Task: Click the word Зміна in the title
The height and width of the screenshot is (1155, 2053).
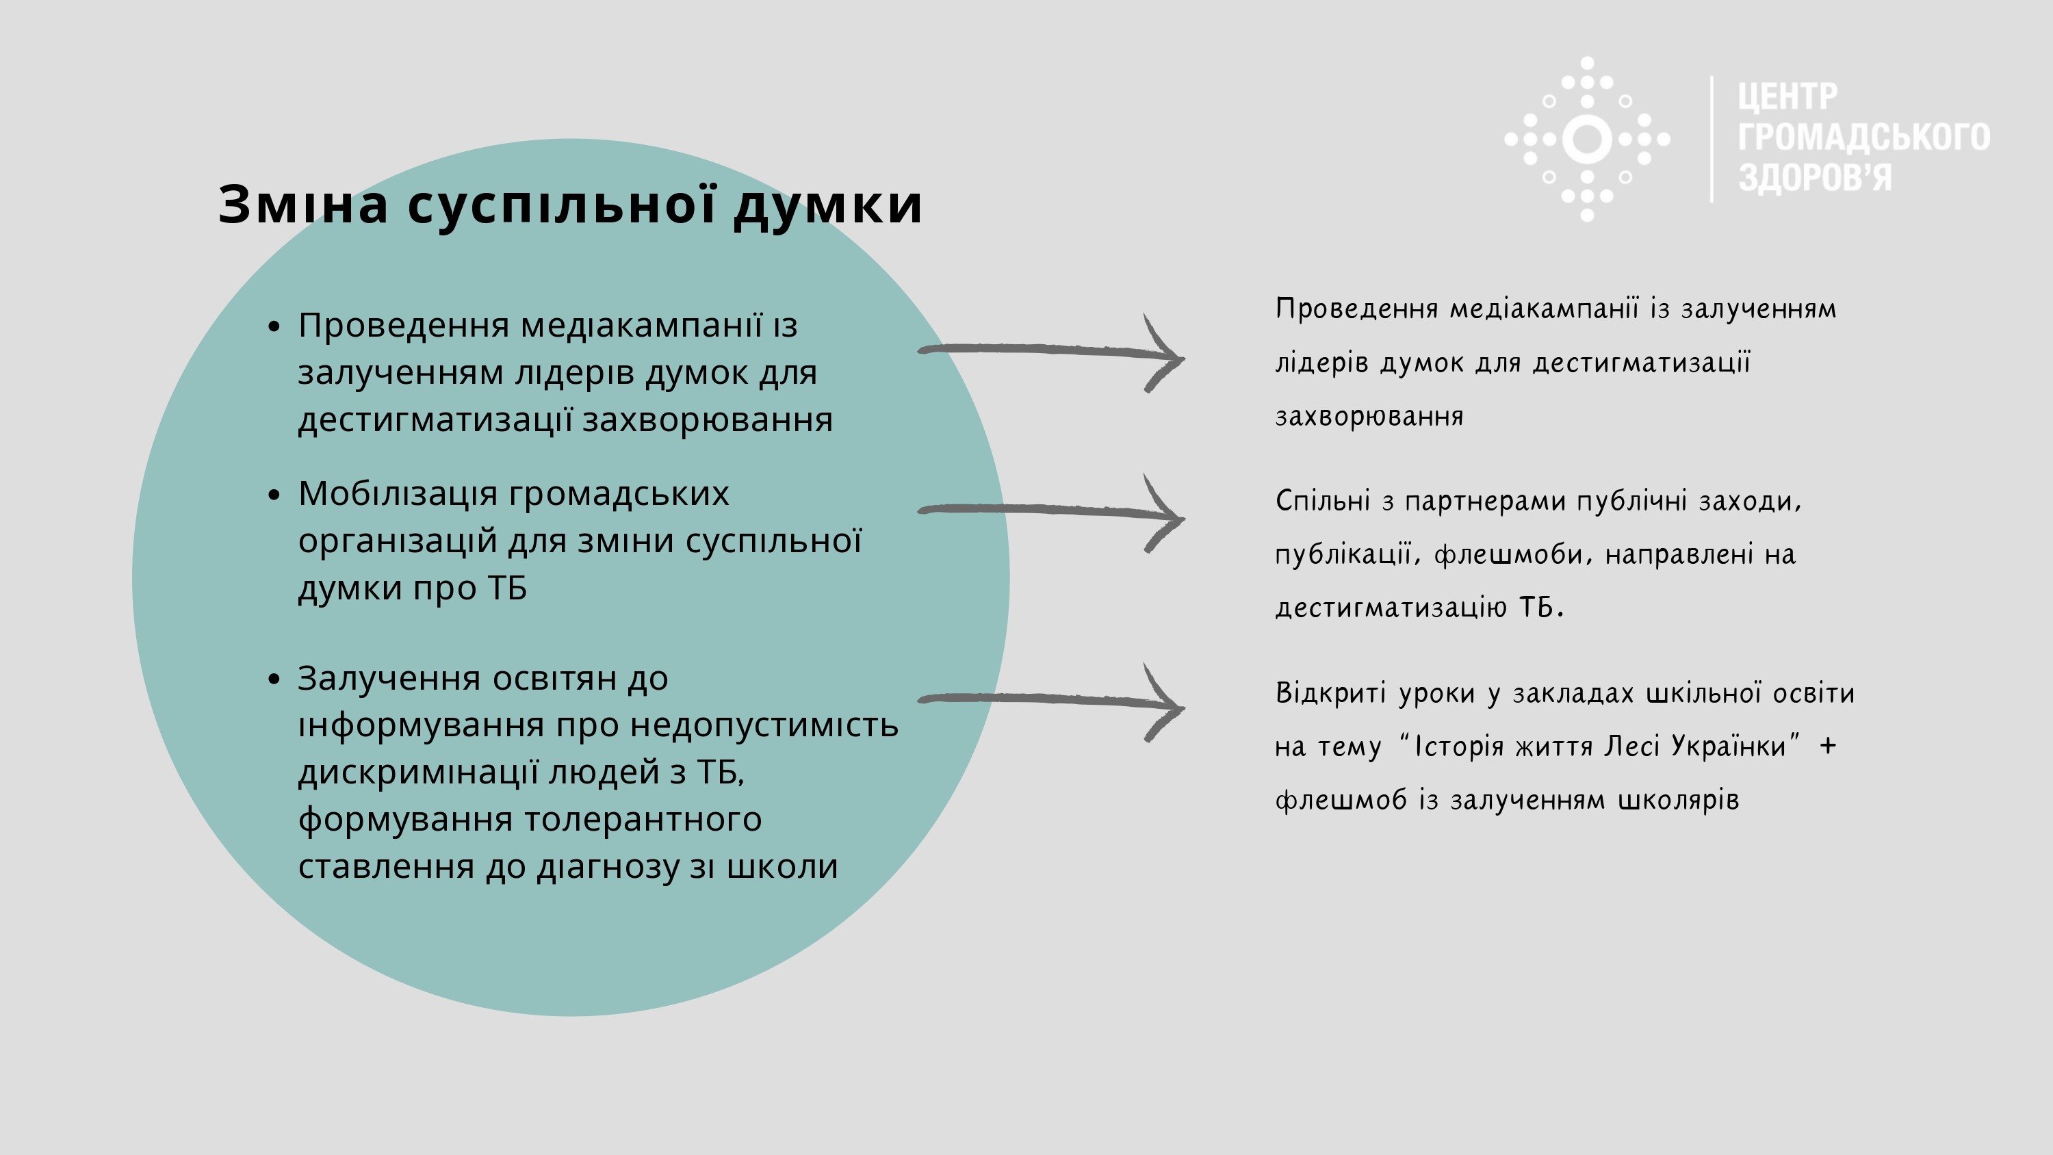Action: pyautogui.click(x=304, y=204)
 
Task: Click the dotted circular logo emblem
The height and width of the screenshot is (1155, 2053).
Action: pyautogui.click(x=1587, y=139)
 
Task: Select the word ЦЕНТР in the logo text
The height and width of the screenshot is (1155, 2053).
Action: pyautogui.click(x=1787, y=96)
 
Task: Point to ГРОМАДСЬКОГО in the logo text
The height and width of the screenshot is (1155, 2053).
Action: pyautogui.click(x=1864, y=137)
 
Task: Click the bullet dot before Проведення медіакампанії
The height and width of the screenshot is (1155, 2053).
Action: pyautogui.click(x=275, y=326)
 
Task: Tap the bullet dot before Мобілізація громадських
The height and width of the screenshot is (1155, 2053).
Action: pyautogui.click(x=275, y=495)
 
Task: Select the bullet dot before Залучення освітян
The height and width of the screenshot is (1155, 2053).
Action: pyautogui.click(x=275, y=679)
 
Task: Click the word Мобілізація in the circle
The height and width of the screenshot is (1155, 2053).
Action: pyautogui.click(x=398, y=495)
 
